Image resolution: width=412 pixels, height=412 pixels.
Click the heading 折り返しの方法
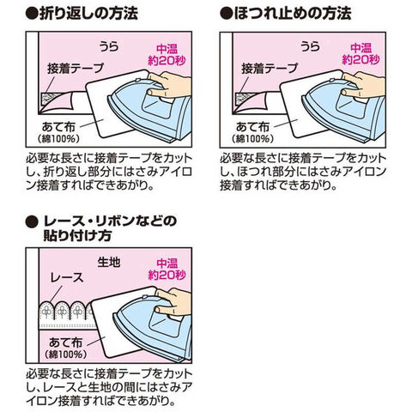(88, 14)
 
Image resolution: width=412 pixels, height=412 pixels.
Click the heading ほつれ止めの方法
(293, 14)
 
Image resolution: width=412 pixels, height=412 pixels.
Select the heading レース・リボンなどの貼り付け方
(110, 228)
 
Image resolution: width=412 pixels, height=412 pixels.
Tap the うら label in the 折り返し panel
(109, 46)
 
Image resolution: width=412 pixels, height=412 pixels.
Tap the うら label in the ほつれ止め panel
(310, 46)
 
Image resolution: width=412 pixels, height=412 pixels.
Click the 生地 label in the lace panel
(109, 262)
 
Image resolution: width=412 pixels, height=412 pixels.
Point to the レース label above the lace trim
(67, 278)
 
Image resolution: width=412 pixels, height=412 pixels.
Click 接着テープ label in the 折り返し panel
(76, 69)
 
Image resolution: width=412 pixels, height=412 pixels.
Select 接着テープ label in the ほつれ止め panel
(270, 69)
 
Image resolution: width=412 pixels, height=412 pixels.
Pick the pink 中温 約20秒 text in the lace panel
(167, 269)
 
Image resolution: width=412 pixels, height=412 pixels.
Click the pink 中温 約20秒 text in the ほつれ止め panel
(360, 54)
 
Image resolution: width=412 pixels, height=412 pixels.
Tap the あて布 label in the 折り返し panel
(58, 127)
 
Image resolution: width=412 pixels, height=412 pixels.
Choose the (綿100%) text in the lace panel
(66, 354)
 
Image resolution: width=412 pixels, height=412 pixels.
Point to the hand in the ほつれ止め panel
(364, 85)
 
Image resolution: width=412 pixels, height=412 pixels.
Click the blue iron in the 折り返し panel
(152, 112)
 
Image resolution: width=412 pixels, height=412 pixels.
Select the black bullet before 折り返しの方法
(32, 14)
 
